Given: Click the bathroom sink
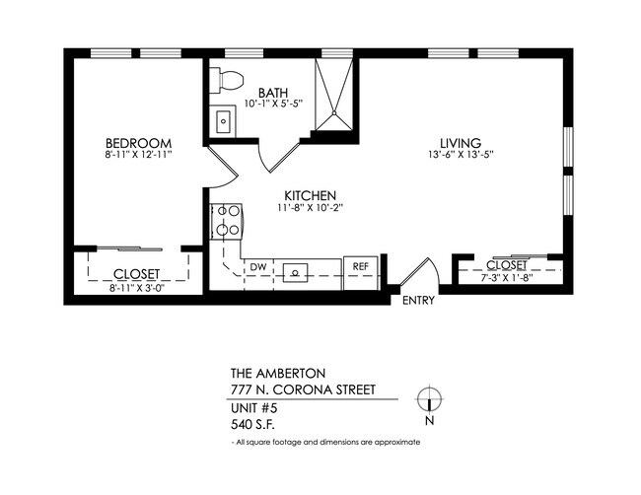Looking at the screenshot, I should coord(223,123).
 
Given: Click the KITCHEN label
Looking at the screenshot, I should coord(312,195).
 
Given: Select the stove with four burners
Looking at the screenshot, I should coord(226,221).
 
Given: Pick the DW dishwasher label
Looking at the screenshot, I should coord(258,267).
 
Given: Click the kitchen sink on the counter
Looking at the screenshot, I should coord(296,272).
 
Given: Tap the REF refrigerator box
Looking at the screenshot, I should coord(360,267).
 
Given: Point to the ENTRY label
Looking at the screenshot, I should coord(419,301).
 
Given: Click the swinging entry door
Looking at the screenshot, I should coord(419,272).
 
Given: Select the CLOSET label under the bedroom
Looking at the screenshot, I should coord(137,274).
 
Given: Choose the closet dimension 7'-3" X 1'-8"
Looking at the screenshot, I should coord(506,279).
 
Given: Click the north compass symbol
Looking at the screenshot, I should coord(428,399).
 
